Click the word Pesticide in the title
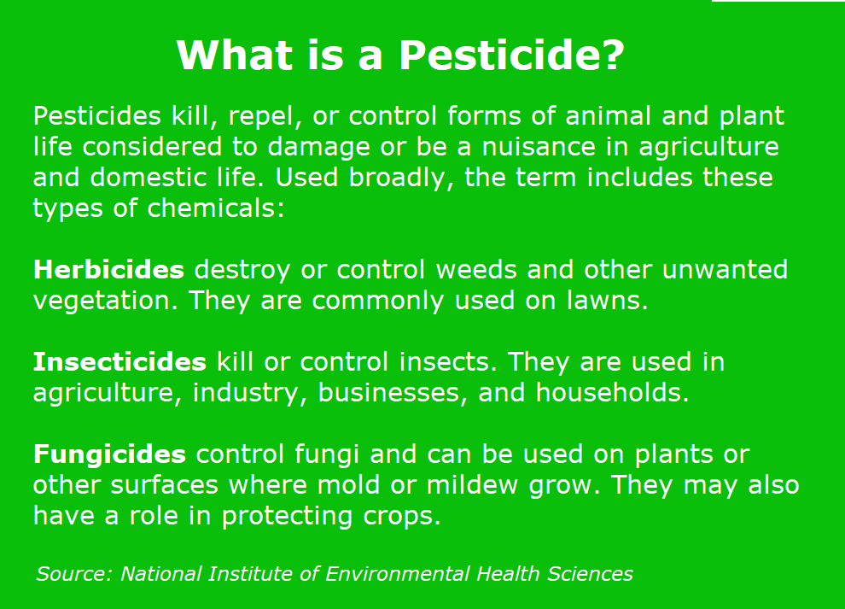point(511,55)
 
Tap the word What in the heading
point(235,55)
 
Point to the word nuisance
point(539,147)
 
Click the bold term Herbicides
point(109,269)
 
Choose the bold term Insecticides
point(119,361)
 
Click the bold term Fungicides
point(109,454)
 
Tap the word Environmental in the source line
point(397,573)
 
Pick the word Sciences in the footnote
point(590,573)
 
